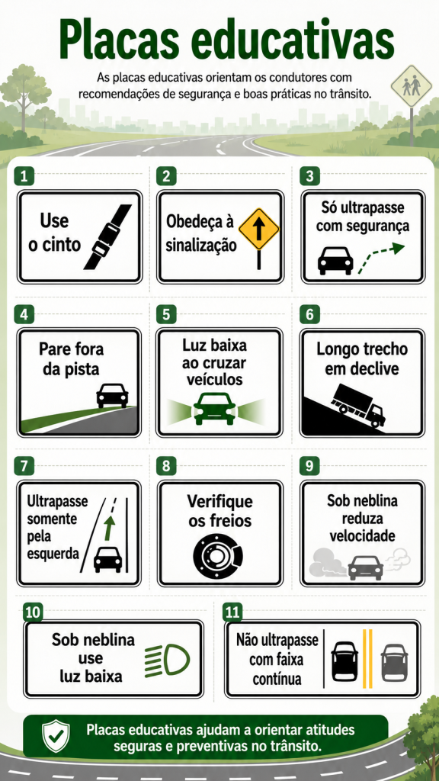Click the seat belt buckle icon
coord(107,237)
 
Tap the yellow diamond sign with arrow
coord(259,230)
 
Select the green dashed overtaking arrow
coord(381,257)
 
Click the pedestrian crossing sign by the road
coord(411,85)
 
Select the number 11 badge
coord(232,612)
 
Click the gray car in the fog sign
coord(365,567)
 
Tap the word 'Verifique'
coord(219,502)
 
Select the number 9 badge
coord(309,467)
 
